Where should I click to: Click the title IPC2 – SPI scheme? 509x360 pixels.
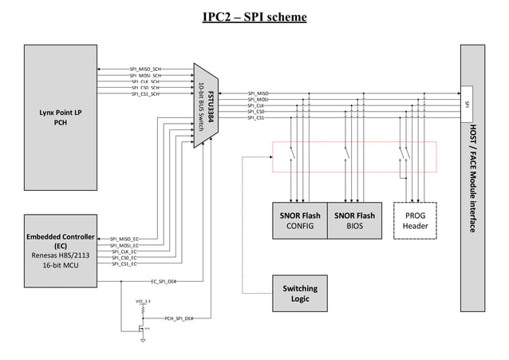pos(254,17)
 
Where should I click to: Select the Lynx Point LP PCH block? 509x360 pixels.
pos(61,117)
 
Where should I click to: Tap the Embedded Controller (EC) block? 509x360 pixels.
pos(61,251)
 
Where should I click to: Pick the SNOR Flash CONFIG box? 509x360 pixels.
pos(300,221)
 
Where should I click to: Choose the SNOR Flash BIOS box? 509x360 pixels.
pos(354,221)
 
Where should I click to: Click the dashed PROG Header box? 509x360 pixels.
pos(416,221)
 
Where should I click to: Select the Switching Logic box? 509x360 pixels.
pos(300,293)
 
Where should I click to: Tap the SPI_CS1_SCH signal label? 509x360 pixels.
pos(145,93)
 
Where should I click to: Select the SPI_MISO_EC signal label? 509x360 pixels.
pos(124,239)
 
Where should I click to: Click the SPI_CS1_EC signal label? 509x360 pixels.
pos(124,263)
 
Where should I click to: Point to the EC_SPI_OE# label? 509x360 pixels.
pos(163,281)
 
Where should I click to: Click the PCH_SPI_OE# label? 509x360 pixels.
pos(180,318)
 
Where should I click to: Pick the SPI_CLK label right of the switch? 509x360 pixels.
pos(257,105)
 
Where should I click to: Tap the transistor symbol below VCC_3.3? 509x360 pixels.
pos(143,326)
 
